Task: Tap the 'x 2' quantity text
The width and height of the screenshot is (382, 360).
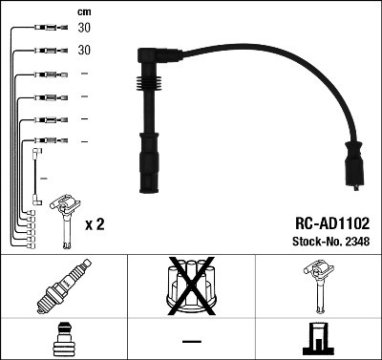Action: (94, 224)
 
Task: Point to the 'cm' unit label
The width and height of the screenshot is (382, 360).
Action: (84, 11)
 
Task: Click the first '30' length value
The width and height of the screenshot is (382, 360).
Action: (85, 29)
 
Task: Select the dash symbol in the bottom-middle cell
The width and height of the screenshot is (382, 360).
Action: (191, 340)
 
